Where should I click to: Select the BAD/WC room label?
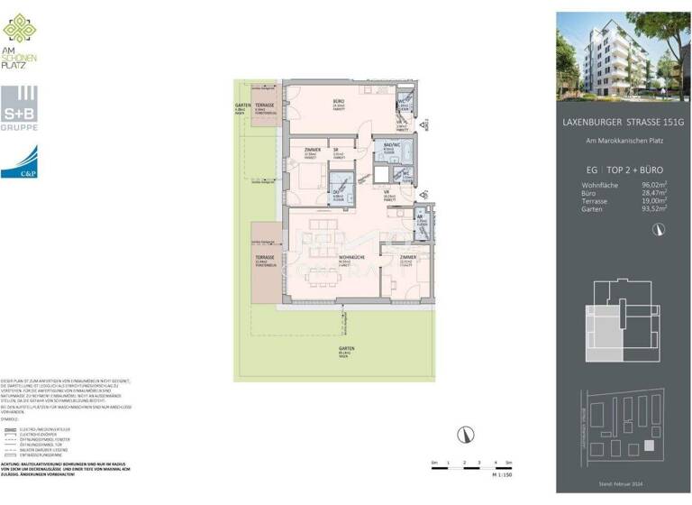(x=391, y=146)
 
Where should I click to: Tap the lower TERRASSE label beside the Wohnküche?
(x=264, y=257)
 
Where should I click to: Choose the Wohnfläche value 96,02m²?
(x=654, y=184)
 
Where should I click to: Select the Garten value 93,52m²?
(x=654, y=208)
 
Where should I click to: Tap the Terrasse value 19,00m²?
(x=654, y=200)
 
